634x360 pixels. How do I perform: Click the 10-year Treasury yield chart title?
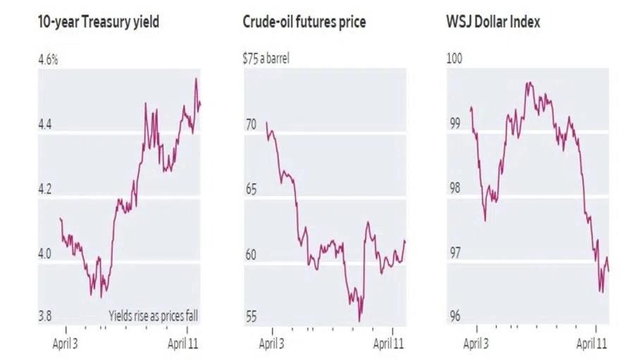pyautogui.click(x=98, y=23)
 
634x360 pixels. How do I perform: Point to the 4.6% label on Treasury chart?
pyautogui.click(x=48, y=58)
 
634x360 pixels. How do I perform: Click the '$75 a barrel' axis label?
pyautogui.click(x=266, y=58)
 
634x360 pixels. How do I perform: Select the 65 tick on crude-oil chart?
pyautogui.click(x=250, y=190)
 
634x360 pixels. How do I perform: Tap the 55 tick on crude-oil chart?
pyautogui.click(x=250, y=316)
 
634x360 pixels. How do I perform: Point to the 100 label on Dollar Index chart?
pyautogui.click(x=455, y=58)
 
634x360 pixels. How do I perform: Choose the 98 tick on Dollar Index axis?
pyautogui.click(x=454, y=189)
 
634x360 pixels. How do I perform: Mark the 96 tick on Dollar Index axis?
pyautogui.click(x=454, y=316)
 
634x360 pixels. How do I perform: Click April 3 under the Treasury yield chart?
pyautogui.click(x=66, y=344)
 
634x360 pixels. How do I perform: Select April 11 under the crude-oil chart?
pyautogui.click(x=388, y=344)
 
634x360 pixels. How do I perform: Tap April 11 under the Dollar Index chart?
pyautogui.click(x=592, y=344)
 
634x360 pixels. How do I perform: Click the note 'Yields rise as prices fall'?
pyautogui.click(x=153, y=316)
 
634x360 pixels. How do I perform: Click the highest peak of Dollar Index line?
pyautogui.click(x=527, y=82)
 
